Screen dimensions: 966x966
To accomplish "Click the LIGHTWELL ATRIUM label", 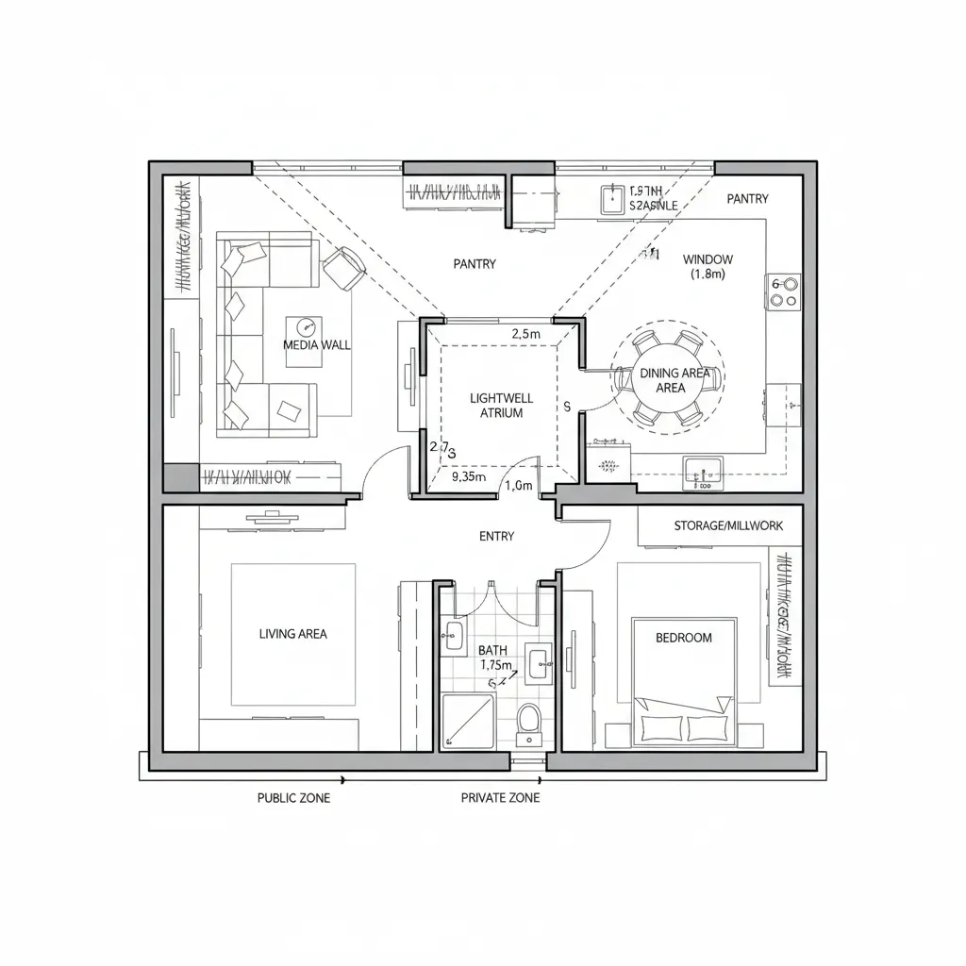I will coord(495,406).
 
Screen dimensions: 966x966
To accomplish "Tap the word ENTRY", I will coord(497,537).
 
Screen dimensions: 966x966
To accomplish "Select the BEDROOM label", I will coord(684,638).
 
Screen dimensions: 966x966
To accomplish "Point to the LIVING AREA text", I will coord(292,634).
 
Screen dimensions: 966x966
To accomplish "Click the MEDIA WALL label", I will coord(317,345).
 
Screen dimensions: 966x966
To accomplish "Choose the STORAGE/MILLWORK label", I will coord(728,525).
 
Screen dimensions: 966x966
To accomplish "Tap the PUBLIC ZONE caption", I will coord(294,798).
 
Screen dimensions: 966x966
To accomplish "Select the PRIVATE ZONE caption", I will coord(500,798).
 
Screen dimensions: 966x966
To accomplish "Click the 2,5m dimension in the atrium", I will coord(525,333).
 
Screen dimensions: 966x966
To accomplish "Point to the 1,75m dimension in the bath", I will coord(496,665).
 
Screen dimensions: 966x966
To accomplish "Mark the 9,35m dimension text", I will coord(469,476).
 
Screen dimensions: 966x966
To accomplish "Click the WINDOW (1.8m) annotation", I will coord(708,266).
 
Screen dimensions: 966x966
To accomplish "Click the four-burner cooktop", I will coord(785,291).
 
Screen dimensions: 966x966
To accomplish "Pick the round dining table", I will coord(669,380).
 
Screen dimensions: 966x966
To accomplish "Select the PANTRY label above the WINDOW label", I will coord(747,199).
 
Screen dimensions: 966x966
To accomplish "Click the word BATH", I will coord(492,650).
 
